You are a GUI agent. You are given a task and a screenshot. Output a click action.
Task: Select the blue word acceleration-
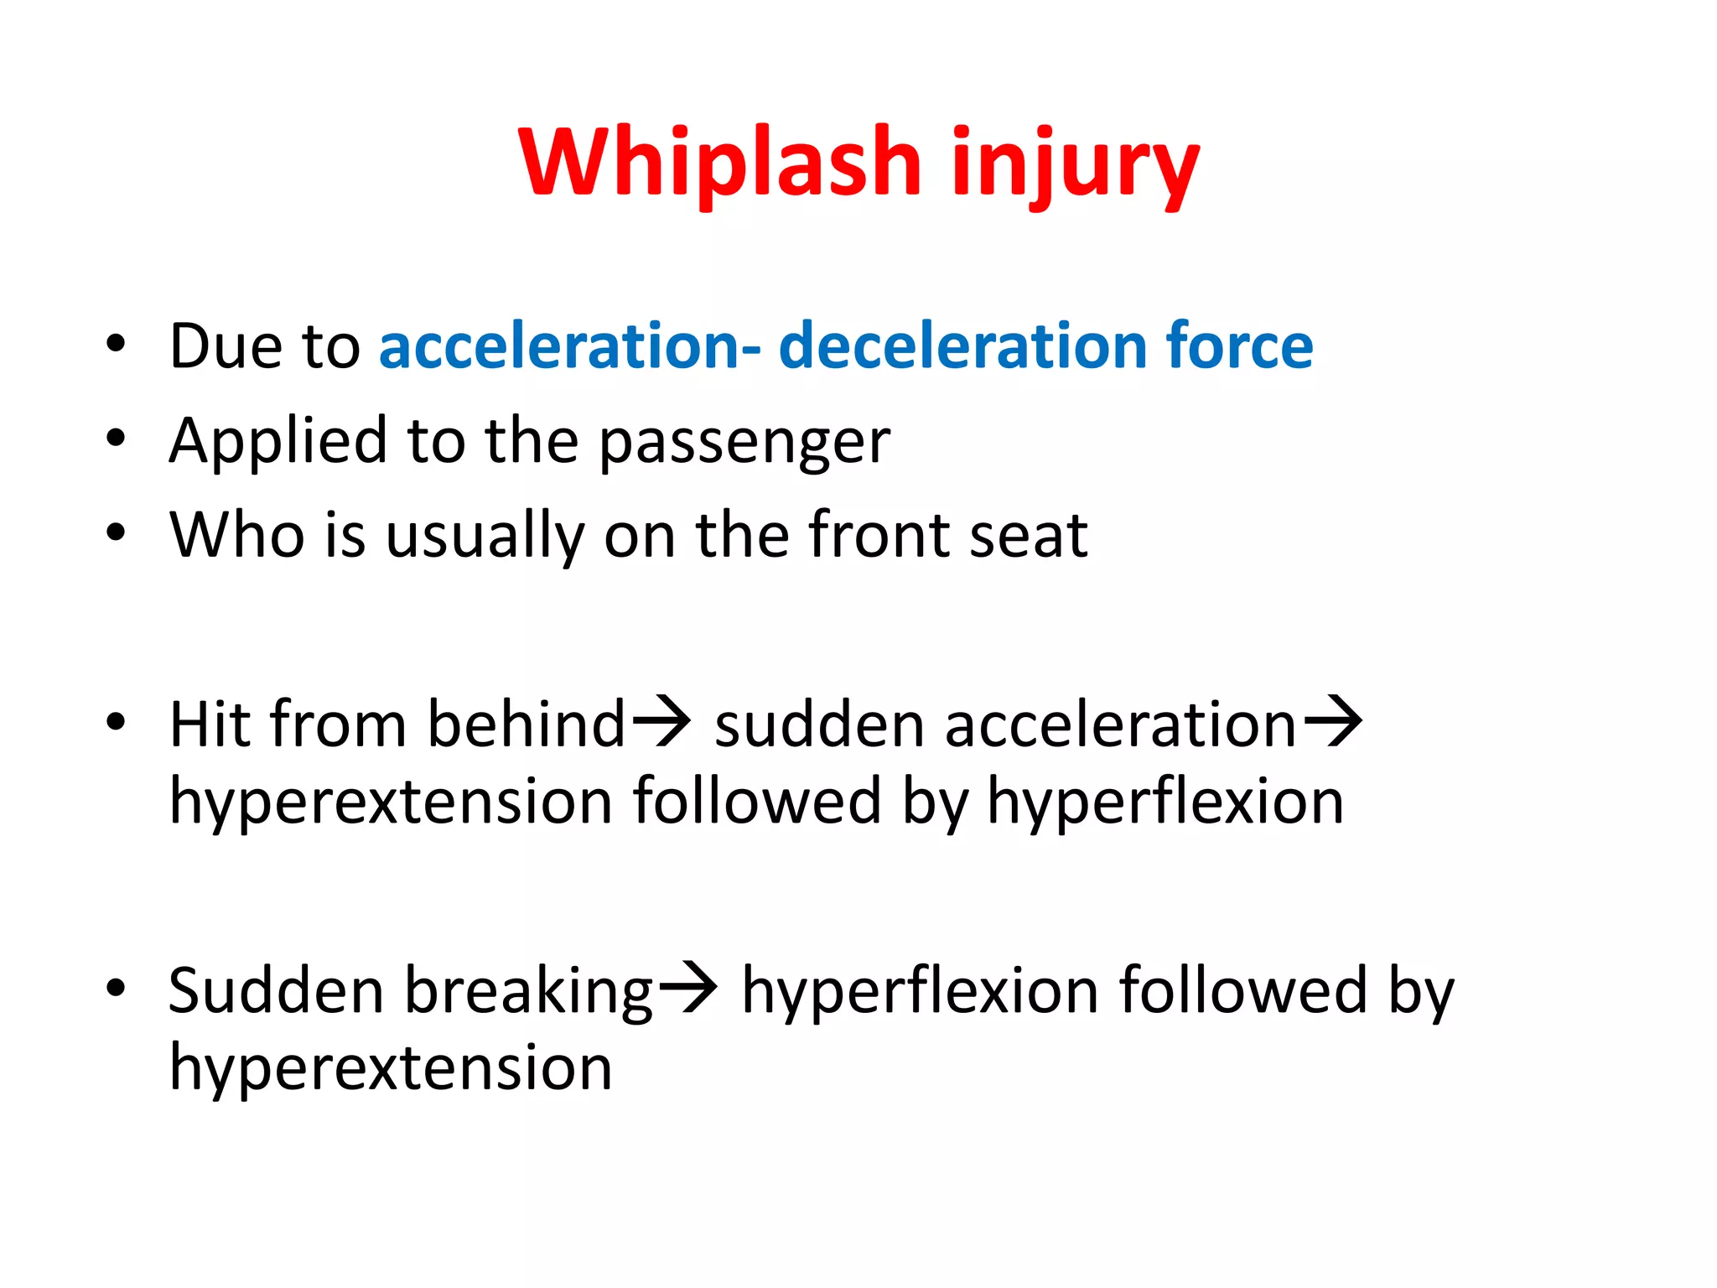pyautogui.click(x=570, y=345)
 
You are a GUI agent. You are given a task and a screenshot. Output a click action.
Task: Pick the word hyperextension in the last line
pyautogui.click(x=391, y=1070)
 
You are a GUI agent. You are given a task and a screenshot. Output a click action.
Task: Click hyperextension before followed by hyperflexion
pyautogui.click(x=391, y=803)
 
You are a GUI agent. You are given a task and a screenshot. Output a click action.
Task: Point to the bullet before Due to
pyautogui.click(x=116, y=343)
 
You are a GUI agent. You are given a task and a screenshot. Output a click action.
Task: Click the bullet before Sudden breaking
pyautogui.click(x=116, y=988)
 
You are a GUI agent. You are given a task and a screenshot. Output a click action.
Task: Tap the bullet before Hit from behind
pyautogui.click(x=116, y=721)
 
